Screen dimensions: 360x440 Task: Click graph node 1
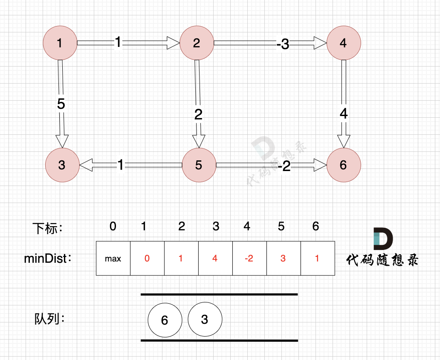60,43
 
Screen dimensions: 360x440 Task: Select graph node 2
197,43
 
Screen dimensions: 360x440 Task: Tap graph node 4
344,43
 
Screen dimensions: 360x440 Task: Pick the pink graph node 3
62,165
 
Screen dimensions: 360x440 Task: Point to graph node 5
199,165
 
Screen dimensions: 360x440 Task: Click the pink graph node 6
344,165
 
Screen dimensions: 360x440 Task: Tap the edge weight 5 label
61,105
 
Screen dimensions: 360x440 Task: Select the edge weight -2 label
284,167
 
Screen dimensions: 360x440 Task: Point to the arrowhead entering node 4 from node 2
320,43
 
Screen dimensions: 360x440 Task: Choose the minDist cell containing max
113,258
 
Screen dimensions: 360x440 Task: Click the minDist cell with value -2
249,258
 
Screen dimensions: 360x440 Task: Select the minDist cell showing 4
215,258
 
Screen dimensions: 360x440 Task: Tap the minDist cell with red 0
147,258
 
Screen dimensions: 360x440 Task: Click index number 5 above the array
281,226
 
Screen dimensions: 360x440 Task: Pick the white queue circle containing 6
165,320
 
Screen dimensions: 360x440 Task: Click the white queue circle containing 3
205,320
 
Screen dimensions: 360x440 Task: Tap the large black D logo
383,239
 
